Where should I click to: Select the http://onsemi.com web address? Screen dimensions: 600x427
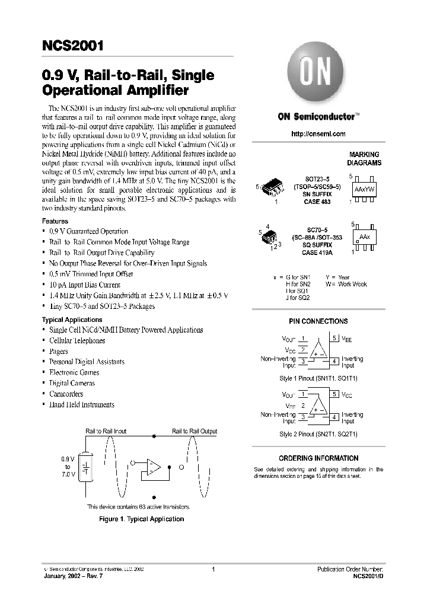point(318,134)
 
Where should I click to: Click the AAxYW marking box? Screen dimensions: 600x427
point(364,189)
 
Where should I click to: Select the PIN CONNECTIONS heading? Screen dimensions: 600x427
point(318,321)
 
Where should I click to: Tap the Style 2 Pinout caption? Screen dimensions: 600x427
point(318,434)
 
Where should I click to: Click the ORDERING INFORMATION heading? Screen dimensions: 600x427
point(318,458)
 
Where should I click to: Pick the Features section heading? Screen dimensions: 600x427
point(55,221)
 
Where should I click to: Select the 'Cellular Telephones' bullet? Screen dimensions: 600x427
point(77,340)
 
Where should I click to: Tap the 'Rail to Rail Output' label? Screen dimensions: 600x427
point(195,431)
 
